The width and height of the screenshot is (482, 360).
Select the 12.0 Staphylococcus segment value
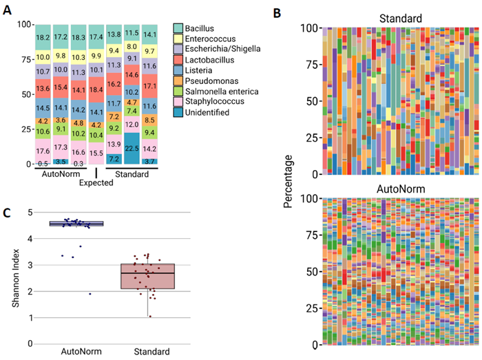132,124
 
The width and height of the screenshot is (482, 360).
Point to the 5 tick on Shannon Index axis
30,212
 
